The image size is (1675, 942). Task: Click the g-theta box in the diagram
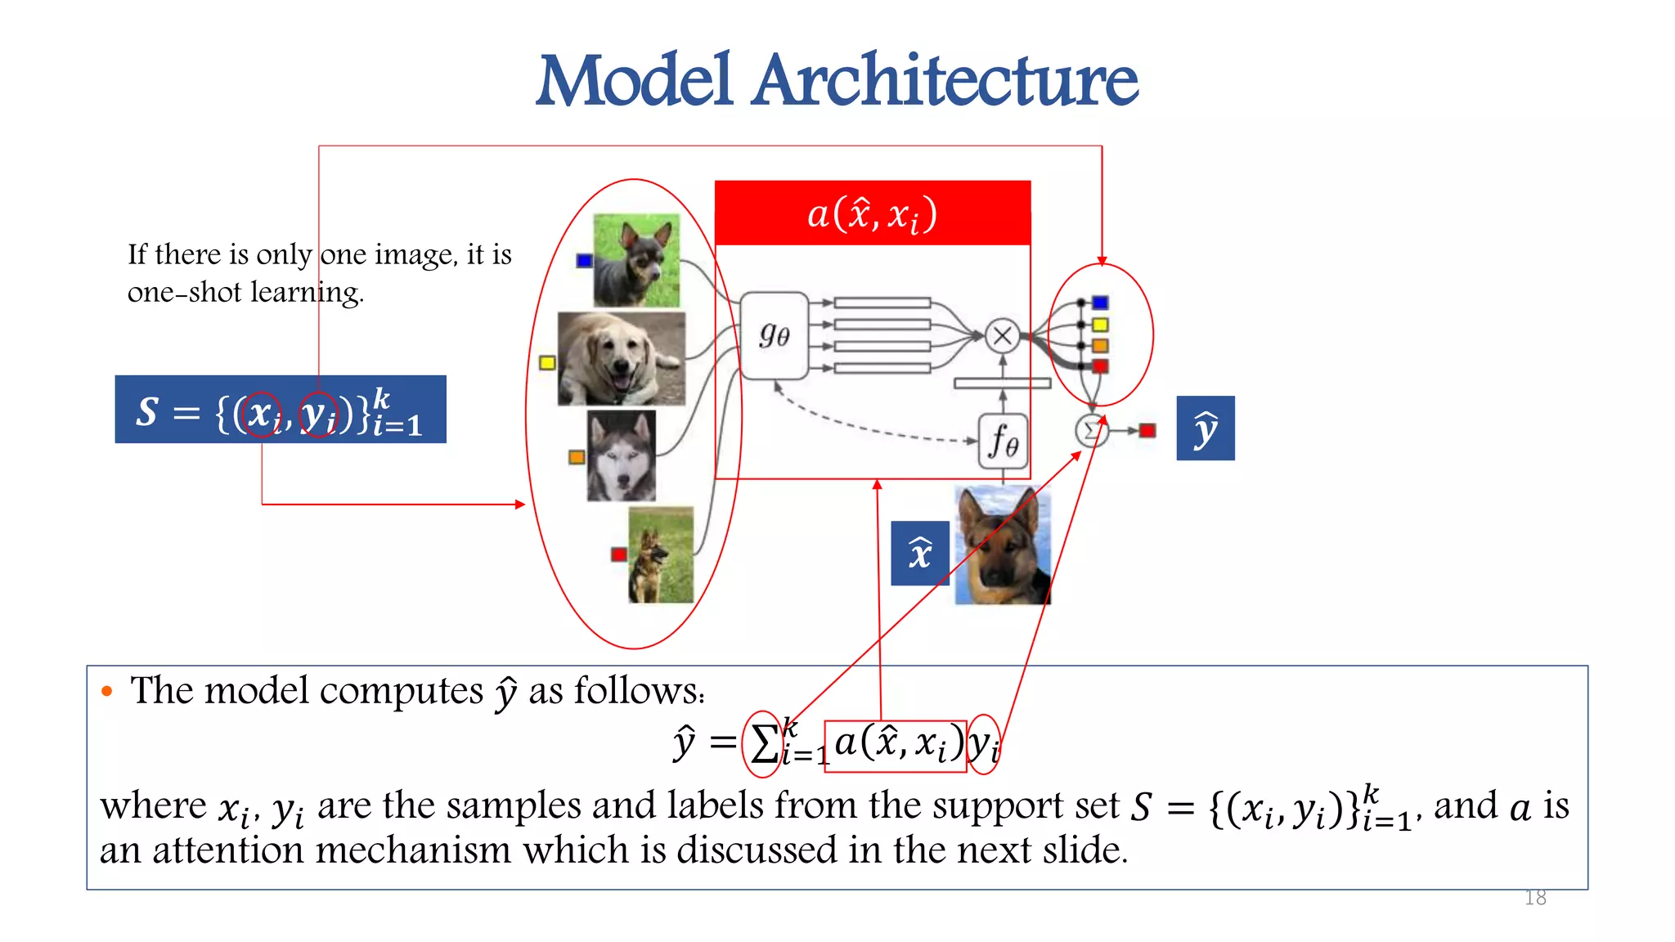tap(774, 335)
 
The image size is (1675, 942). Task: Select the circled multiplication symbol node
tap(1002, 335)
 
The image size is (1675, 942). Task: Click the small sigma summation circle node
tap(1091, 431)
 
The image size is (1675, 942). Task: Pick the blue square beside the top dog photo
tap(584, 261)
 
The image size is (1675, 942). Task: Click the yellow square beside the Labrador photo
tap(547, 362)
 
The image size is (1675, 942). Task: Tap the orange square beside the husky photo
tap(577, 456)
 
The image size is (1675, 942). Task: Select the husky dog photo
tap(622, 455)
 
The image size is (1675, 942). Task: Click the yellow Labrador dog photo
tap(622, 358)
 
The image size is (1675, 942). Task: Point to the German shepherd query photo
tap(1003, 545)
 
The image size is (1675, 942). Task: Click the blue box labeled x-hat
tap(920, 554)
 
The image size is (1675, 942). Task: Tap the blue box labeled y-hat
tap(1205, 428)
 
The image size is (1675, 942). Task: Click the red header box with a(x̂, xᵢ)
tap(873, 213)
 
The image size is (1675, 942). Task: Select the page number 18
tap(1535, 898)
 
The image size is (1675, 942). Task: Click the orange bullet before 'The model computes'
tap(106, 692)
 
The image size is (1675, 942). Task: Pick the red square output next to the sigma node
tap(1147, 430)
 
